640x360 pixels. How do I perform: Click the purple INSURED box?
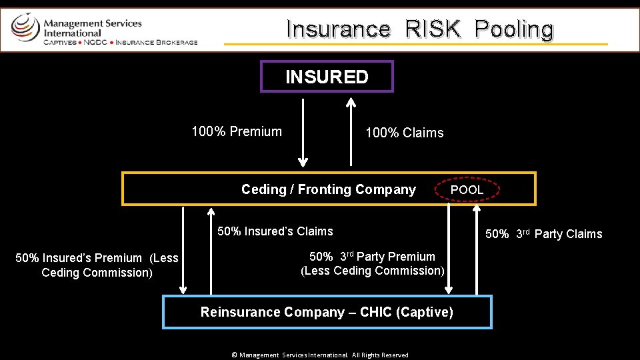[327, 77]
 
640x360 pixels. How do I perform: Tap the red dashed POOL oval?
[467, 189]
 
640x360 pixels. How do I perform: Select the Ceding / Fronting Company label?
[328, 189]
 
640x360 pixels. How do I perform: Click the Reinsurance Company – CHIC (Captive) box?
[327, 312]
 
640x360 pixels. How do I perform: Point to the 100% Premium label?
[237, 131]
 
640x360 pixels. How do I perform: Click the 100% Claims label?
[404, 133]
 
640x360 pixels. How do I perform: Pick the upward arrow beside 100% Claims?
[351, 132]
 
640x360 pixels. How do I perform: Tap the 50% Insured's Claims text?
[275, 231]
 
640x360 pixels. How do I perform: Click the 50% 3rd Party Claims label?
[543, 233]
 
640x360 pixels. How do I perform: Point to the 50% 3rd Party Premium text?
[372, 263]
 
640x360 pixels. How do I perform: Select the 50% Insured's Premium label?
[97, 265]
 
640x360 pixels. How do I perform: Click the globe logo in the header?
[25, 27]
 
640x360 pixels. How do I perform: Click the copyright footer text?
[319, 355]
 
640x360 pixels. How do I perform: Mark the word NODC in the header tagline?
[95, 42]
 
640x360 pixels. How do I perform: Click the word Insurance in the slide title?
[338, 29]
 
